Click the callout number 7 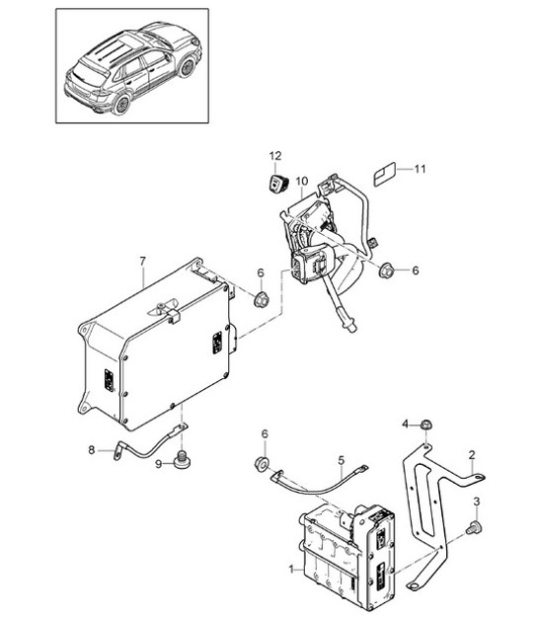click(142, 261)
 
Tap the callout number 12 click(277, 156)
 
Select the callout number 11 click(421, 170)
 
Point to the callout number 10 click(301, 181)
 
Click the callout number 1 click(290, 571)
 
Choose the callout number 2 click(472, 455)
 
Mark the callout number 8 click(91, 450)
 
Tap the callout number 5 click(341, 459)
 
